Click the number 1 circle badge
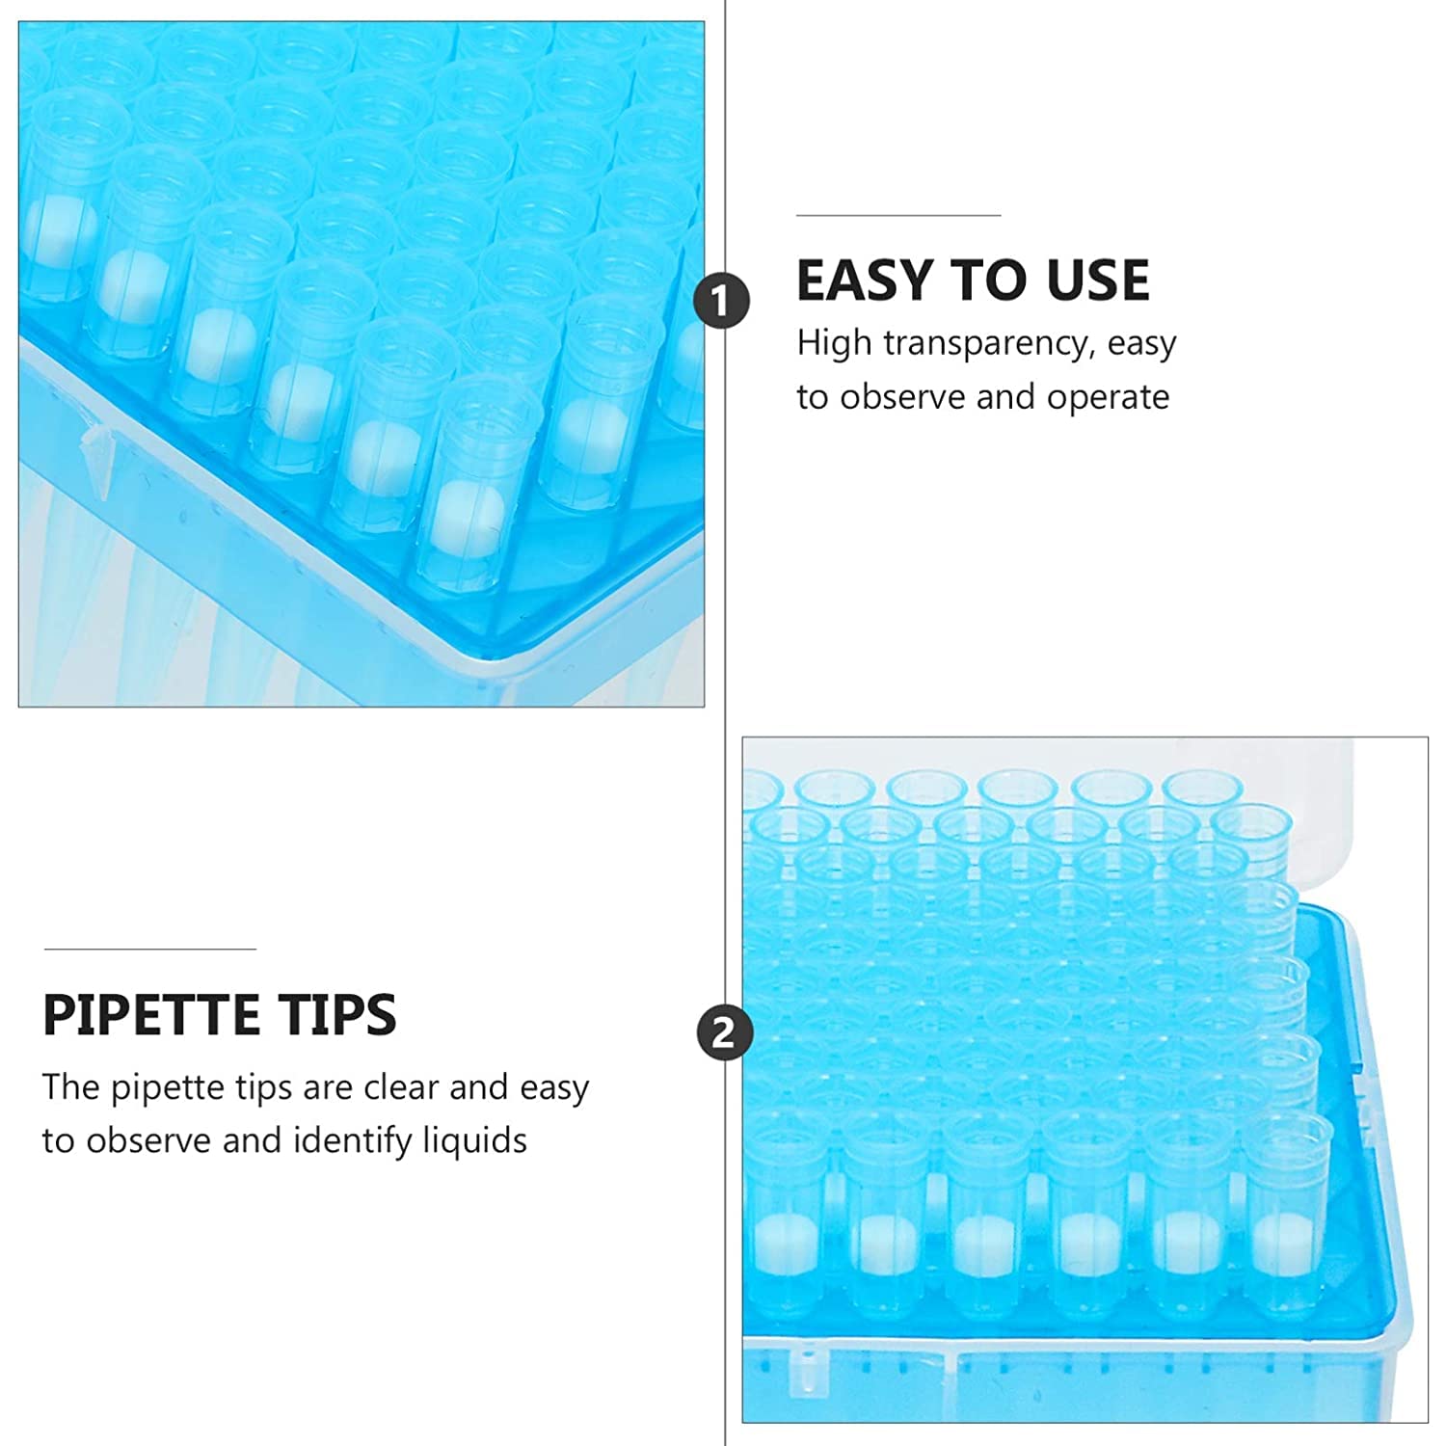722,301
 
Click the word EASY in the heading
866,281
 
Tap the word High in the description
834,344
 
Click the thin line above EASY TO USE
898,215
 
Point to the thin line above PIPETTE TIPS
149,949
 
